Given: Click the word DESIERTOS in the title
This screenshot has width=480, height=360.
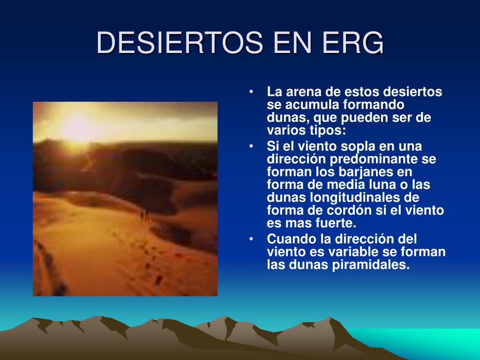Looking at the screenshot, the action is (180, 42).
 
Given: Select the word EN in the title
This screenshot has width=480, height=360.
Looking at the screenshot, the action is (293, 42).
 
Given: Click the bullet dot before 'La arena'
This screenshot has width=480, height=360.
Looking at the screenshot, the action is (251, 91).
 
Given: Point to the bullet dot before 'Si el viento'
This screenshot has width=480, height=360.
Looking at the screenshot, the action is (251, 146).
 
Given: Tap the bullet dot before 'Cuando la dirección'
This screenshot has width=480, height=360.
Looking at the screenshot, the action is (251, 239).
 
